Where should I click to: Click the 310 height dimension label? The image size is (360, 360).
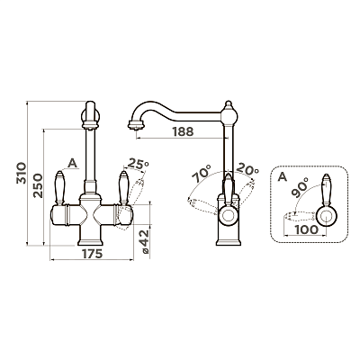[x=22, y=173]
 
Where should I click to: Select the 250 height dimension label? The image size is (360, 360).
[x=38, y=185]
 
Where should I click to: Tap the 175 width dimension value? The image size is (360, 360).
[x=93, y=254]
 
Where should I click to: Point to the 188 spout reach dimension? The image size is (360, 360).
[x=183, y=131]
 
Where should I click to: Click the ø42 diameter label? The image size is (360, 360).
[x=144, y=242]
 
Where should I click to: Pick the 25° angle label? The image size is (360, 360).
[x=138, y=164]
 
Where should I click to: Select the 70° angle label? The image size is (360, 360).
[x=202, y=173]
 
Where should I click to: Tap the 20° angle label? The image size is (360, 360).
[x=247, y=169]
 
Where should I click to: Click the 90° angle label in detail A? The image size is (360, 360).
[x=299, y=187]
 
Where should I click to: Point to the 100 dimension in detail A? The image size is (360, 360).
[x=306, y=229]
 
